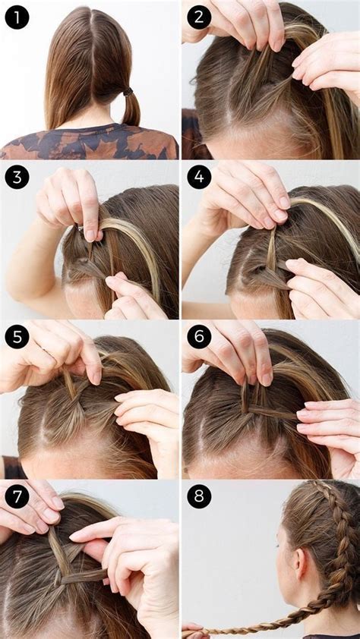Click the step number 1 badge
17,17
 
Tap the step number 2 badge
199,17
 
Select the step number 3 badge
17,177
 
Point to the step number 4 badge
199,177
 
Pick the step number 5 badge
17,336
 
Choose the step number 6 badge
199,336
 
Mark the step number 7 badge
17,496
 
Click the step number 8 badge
199,496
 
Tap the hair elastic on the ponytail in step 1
128,92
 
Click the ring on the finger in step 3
81,225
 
